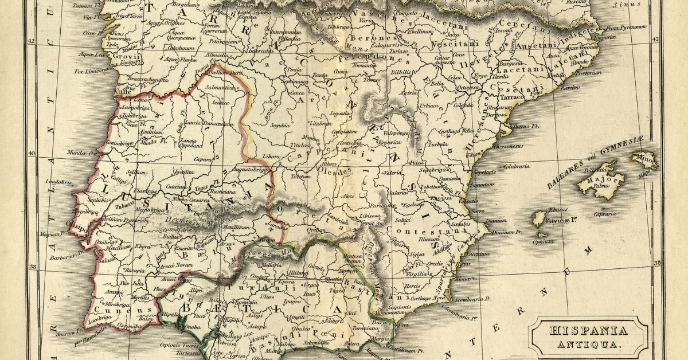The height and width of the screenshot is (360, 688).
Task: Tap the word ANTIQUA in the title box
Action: (x=588, y=345)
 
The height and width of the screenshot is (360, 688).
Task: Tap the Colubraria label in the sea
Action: (x=515, y=166)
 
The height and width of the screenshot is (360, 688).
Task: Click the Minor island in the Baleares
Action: (x=644, y=158)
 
